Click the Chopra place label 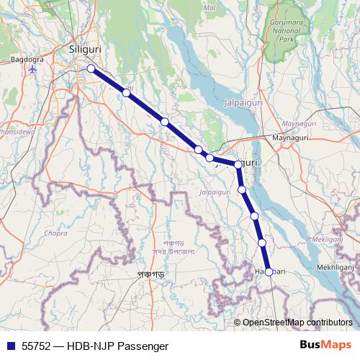(x=55, y=233)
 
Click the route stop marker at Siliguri (x=91, y=68)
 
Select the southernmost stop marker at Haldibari (x=269, y=271)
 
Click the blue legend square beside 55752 (x=10, y=345)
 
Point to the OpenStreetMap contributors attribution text (x=297, y=323)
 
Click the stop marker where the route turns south (x=238, y=164)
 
